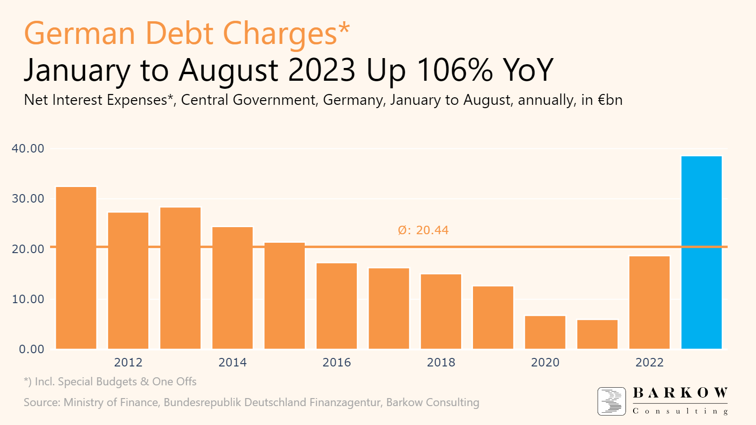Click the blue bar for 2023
[702, 253]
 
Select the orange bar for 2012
[128, 280]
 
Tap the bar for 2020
[545, 332]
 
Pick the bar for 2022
[650, 303]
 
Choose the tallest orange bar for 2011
[76, 268]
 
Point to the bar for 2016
[337, 306]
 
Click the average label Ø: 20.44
[423, 230]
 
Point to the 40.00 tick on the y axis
[28, 149]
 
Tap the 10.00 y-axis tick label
[28, 299]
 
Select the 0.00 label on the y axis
[31, 349]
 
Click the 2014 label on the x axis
[232, 363]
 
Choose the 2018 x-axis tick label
[441, 363]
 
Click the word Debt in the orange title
[179, 34]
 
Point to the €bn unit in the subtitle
[610, 100]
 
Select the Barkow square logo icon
[611, 401]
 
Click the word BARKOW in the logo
[680, 393]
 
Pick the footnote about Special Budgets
[110, 382]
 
